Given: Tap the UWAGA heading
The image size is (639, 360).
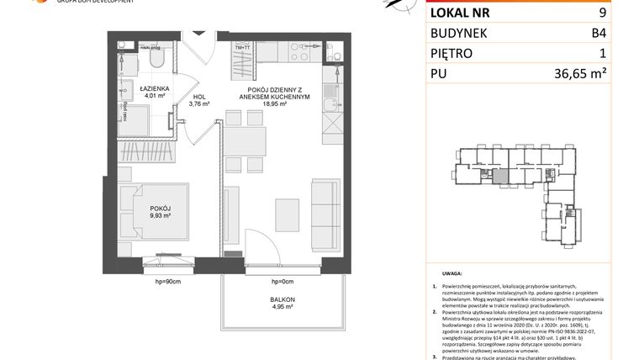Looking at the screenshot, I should tap(452, 274).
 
